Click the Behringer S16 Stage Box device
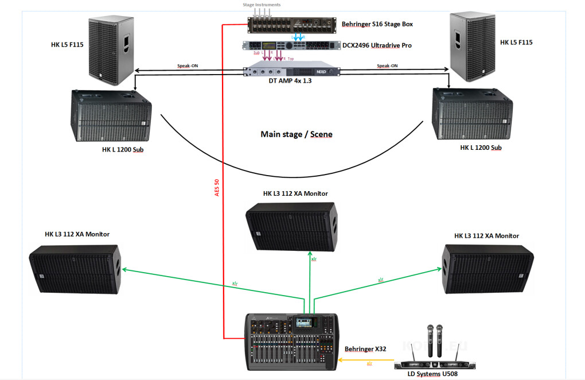292,25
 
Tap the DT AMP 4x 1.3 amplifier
292,71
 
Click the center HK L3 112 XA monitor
291,225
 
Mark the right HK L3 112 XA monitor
487,269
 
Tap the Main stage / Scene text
297,134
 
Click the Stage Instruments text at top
262,5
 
